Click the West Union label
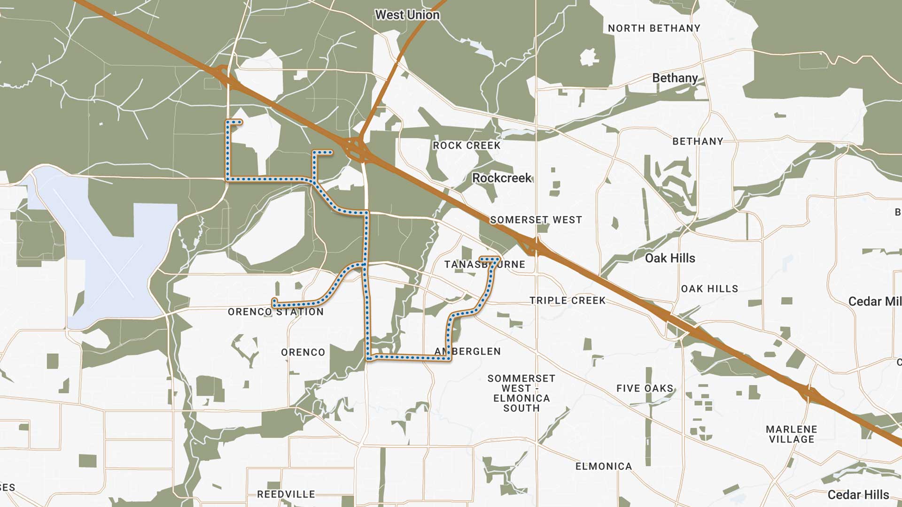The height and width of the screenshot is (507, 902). click(407, 15)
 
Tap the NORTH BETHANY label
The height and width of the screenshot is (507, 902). click(654, 28)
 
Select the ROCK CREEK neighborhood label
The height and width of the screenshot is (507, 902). click(467, 146)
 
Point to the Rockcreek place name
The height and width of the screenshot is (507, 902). click(502, 178)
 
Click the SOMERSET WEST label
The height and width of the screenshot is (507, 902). click(536, 220)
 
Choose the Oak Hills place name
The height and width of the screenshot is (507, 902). click(669, 258)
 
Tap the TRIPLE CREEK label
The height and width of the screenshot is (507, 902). click(568, 300)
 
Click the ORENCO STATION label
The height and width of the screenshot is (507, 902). click(276, 312)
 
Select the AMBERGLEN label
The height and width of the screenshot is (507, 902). click(467, 351)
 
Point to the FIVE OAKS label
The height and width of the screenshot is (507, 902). click(645, 388)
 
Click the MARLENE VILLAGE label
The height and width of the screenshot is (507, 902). click(792, 434)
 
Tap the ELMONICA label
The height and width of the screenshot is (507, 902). click(604, 466)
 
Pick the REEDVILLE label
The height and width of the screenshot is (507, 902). click(286, 494)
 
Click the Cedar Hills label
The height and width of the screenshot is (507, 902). click(858, 495)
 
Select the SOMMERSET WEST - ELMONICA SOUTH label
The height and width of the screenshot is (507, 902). click(521, 393)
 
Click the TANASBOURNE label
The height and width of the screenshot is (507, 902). click(485, 264)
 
